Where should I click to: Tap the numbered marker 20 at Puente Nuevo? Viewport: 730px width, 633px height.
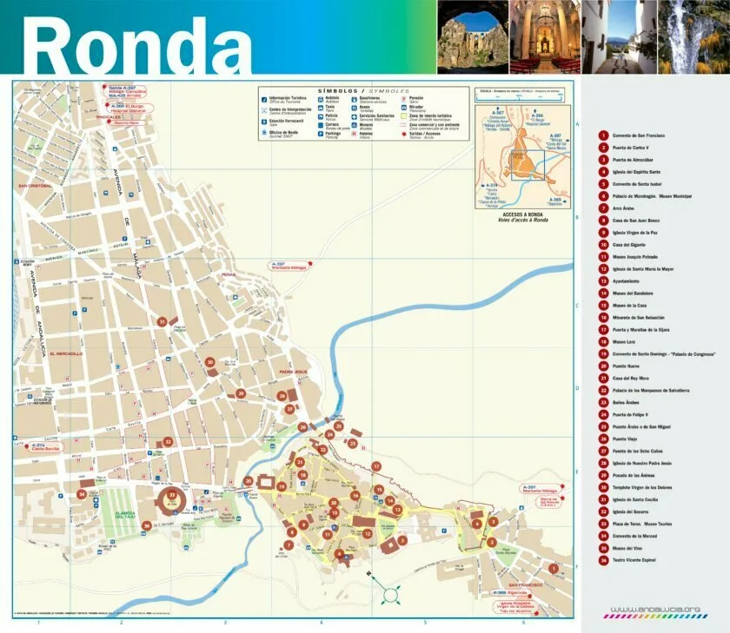pyautogui.click(x=249, y=480)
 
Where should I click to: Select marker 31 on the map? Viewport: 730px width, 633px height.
pyautogui.click(x=162, y=321)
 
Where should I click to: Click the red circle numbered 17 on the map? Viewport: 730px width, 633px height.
pyautogui.click(x=376, y=466)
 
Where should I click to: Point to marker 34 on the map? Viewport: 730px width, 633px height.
pyautogui.click(x=82, y=494)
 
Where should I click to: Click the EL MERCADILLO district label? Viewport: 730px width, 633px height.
pyautogui.click(x=66, y=354)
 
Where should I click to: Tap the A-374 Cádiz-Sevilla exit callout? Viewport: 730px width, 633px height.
pyautogui.click(x=43, y=446)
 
